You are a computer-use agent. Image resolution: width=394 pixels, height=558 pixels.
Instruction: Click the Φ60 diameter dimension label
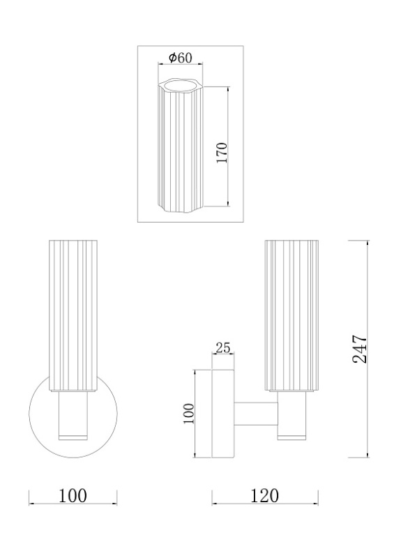[x=181, y=57]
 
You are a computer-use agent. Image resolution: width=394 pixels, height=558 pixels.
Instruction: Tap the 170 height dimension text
[x=222, y=153]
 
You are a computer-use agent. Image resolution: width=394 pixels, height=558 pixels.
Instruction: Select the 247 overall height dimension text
[x=359, y=349]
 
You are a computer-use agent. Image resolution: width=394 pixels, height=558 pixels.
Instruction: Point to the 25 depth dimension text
[x=223, y=347]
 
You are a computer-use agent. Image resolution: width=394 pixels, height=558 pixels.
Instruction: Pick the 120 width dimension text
[x=265, y=496]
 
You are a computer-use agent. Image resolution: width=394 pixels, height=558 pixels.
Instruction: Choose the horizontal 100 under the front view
[x=73, y=496]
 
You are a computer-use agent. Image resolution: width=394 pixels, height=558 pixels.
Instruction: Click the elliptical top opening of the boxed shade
[x=181, y=85]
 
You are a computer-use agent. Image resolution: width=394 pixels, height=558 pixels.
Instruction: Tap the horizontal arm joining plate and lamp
[x=256, y=414]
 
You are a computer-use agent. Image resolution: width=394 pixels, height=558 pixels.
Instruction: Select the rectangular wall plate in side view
[x=223, y=414]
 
